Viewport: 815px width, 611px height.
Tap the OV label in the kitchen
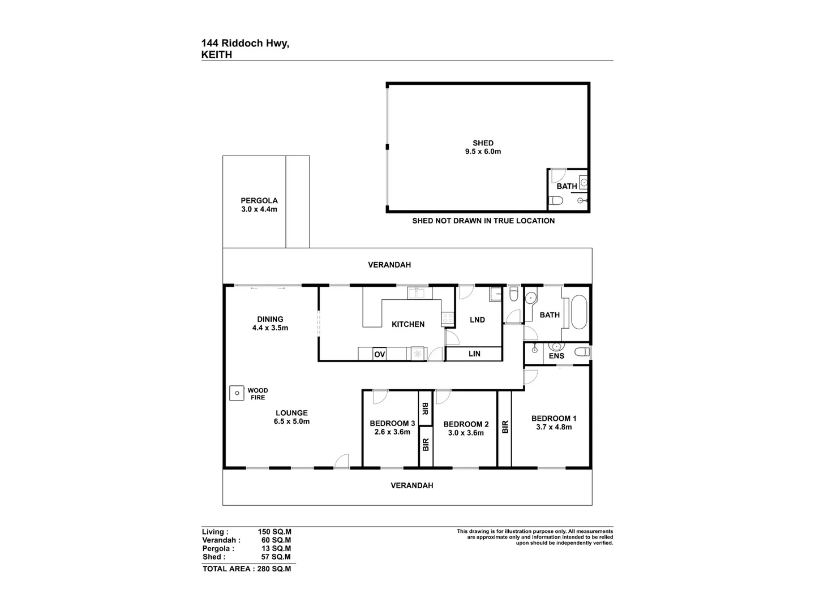click(379, 355)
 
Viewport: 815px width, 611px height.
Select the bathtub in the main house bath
click(579, 312)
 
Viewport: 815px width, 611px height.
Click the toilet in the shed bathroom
click(557, 200)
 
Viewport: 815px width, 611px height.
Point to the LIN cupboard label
click(474, 354)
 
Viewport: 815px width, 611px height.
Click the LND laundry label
click(477, 320)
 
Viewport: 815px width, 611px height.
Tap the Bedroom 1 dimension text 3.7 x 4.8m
click(554, 427)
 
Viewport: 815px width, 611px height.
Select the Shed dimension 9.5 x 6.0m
click(483, 151)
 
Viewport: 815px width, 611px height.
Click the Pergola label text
click(259, 200)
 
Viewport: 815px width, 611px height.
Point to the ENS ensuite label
click(556, 356)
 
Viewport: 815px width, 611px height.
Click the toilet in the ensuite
click(581, 352)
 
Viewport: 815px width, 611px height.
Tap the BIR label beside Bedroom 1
click(505, 427)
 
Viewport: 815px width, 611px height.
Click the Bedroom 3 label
click(392, 423)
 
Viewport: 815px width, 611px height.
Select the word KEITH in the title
click(217, 55)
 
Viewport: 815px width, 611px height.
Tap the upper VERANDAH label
click(389, 265)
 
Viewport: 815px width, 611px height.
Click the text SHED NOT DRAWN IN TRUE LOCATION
click(483, 221)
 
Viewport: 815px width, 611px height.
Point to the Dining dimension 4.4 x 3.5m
click(270, 328)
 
